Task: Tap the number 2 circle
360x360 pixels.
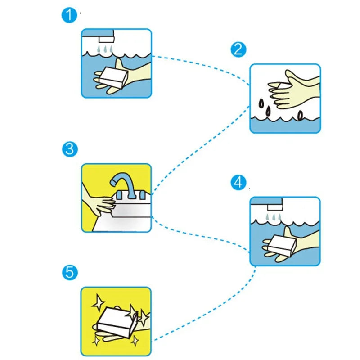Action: (x=238, y=49)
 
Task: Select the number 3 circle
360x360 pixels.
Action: (x=69, y=149)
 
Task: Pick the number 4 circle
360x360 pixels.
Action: (x=238, y=182)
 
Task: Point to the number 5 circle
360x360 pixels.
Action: (x=69, y=272)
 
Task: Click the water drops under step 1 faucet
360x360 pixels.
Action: (x=104, y=48)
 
